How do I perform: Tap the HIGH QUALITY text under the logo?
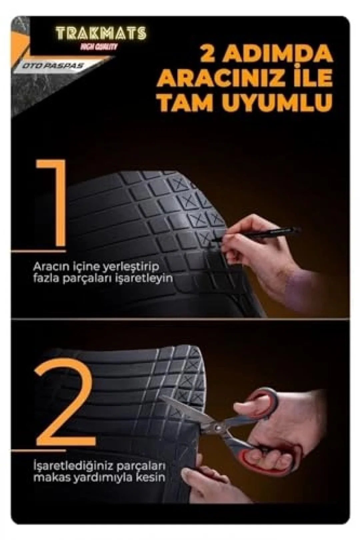[99, 47]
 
